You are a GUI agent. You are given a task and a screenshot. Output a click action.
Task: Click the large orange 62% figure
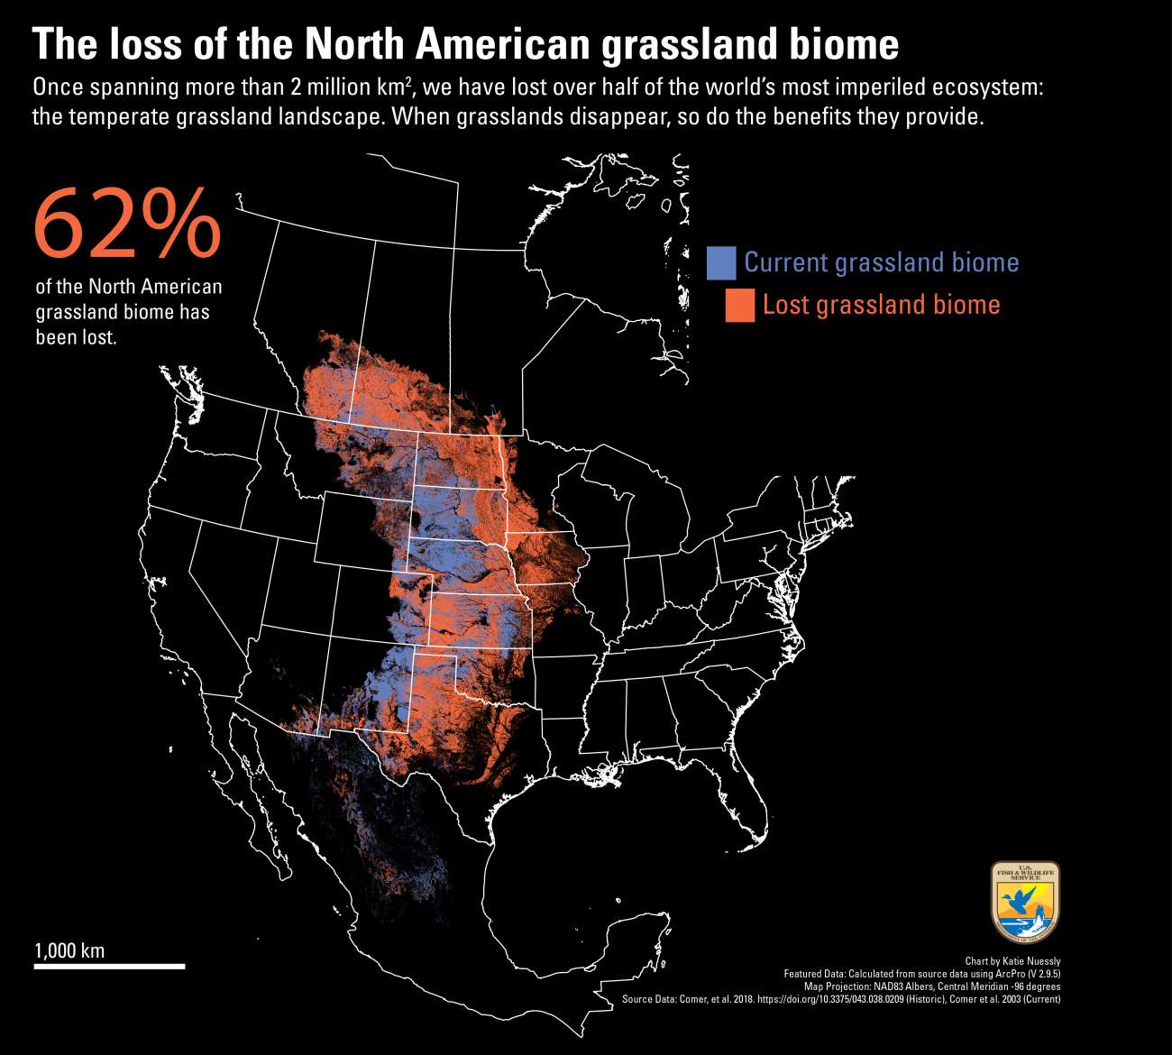(126, 224)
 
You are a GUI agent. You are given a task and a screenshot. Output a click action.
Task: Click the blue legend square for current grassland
(721, 262)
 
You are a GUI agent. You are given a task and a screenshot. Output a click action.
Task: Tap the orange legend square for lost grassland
(739, 306)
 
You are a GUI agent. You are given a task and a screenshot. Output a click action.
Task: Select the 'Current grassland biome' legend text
(881, 262)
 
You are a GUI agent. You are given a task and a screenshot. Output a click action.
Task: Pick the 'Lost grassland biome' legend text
(881, 305)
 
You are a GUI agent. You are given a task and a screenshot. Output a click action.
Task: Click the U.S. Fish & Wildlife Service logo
(1025, 901)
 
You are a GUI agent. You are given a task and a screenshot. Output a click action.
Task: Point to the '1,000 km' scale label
(69, 950)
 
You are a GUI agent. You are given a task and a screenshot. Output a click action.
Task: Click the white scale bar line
(109, 966)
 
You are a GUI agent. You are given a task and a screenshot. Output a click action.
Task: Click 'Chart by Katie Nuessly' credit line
(1012, 961)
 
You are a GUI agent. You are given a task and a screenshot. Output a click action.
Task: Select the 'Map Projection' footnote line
(932, 986)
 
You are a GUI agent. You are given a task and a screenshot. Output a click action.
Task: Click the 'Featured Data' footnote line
(921, 974)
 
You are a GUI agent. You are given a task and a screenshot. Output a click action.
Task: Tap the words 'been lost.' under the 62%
(76, 338)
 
